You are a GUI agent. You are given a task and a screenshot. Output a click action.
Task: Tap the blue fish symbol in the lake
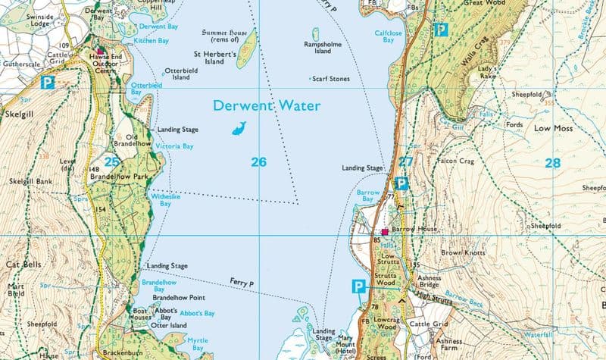point(239,128)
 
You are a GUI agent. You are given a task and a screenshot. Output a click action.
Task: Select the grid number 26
point(259,161)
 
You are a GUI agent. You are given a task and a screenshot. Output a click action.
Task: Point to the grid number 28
point(551,162)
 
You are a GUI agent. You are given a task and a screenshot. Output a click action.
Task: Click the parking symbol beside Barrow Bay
point(402,183)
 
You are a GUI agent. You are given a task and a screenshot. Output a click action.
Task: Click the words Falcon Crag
point(457,161)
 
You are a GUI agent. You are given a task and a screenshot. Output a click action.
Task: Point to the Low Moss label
point(551,129)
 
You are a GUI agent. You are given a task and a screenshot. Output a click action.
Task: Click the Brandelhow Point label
point(180,298)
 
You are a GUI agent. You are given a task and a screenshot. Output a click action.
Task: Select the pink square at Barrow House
point(385,231)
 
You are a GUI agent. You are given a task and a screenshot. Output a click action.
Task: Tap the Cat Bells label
point(23,265)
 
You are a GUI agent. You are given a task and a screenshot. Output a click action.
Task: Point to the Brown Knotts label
point(462,252)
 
